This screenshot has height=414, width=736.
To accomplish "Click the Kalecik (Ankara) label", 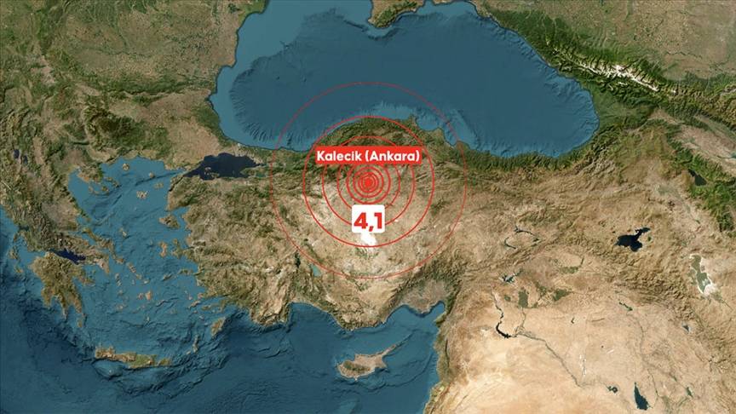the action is click(x=368, y=157).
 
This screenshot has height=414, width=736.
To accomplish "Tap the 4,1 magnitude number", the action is click(x=369, y=220).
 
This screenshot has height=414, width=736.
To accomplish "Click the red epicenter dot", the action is click(x=369, y=181).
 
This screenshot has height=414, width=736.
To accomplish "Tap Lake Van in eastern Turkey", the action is click(x=633, y=240).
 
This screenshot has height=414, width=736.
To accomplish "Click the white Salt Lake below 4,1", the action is click(x=368, y=244).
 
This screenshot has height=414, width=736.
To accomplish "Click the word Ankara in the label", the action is click(x=395, y=157).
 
